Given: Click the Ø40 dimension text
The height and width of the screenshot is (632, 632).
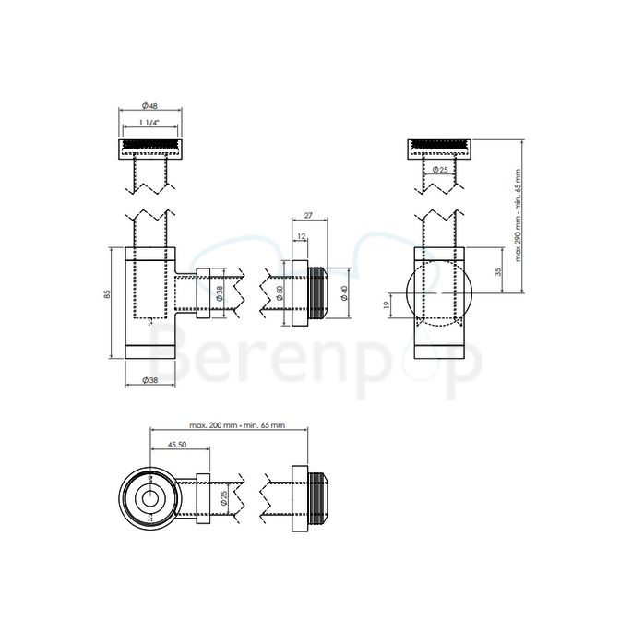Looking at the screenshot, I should pos(344,293).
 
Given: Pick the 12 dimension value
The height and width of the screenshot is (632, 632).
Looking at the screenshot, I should pos(303,237).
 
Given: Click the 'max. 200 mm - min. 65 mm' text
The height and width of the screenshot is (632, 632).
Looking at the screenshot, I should pos(236,425).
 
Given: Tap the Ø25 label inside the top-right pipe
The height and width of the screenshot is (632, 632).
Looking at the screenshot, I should pos(441,169).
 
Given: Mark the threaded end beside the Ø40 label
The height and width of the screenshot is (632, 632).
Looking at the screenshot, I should pos(319,295).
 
